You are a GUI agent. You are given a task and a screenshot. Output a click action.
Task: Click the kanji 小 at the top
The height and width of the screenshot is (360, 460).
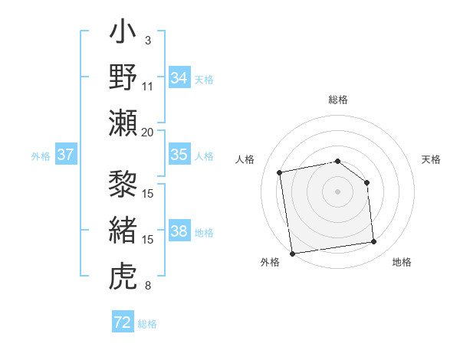point(123,35)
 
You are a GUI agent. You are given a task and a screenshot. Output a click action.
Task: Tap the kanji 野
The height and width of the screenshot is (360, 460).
point(123,77)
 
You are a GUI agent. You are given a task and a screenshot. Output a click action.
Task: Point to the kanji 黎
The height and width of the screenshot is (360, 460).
point(123,185)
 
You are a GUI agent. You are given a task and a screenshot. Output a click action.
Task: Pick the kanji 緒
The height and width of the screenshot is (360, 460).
point(123,231)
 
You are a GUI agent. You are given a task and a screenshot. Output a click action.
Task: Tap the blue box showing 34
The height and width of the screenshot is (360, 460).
point(179,77)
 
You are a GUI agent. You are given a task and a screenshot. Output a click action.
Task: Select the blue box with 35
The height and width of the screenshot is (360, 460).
point(179,155)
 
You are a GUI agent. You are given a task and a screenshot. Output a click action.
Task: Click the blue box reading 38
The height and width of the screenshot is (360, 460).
point(179,232)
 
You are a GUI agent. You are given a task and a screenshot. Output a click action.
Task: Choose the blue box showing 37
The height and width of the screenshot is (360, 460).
point(66,155)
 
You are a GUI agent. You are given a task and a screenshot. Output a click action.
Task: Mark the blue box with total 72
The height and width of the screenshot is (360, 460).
point(123,322)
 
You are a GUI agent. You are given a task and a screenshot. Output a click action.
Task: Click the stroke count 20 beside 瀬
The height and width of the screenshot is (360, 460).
point(148,131)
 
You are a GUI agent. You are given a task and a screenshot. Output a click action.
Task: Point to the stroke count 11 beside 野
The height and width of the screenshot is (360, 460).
point(148,85)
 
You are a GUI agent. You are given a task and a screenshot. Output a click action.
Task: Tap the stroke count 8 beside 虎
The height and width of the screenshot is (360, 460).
point(148,286)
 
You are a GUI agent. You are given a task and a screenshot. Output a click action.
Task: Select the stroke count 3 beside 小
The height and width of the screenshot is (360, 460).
point(148,40)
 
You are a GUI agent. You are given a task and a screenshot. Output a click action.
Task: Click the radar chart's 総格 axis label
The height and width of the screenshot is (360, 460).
point(337,100)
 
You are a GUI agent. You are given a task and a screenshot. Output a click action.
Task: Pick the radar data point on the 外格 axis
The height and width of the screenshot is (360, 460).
point(292,253)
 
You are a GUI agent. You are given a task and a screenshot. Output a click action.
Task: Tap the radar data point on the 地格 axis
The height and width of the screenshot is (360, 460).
point(374,242)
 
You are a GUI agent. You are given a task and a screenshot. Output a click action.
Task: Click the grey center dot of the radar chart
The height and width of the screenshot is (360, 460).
point(337,191)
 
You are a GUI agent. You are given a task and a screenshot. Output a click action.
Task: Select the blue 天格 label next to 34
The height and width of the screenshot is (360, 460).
point(203,79)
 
